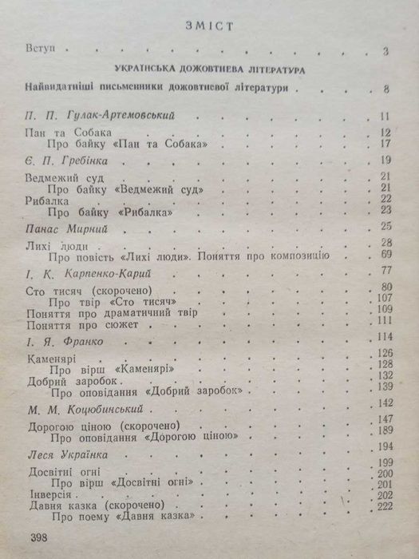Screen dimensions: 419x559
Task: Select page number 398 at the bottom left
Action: click(39, 537)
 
